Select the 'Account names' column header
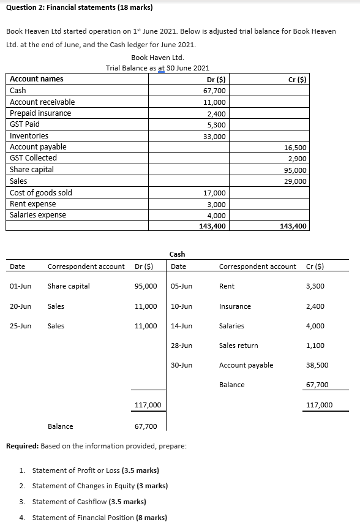tap(37, 79)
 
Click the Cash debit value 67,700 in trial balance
tap(214, 91)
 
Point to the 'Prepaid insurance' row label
tap(40, 113)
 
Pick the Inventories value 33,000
tap(214, 136)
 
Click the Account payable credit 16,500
tap(296, 148)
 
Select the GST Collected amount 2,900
tap(298, 159)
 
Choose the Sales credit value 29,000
tap(296, 181)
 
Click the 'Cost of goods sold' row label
tap(41, 193)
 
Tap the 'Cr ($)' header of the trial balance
tap(298, 79)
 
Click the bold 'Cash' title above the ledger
tap(177, 254)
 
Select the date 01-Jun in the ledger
tap(21, 286)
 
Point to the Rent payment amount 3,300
tap(315, 286)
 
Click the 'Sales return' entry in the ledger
tap(238, 346)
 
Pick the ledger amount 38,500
tap(317, 365)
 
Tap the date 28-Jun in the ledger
tap(182, 346)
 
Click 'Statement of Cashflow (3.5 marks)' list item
tap(89, 502)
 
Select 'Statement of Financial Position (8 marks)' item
tap(99, 518)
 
